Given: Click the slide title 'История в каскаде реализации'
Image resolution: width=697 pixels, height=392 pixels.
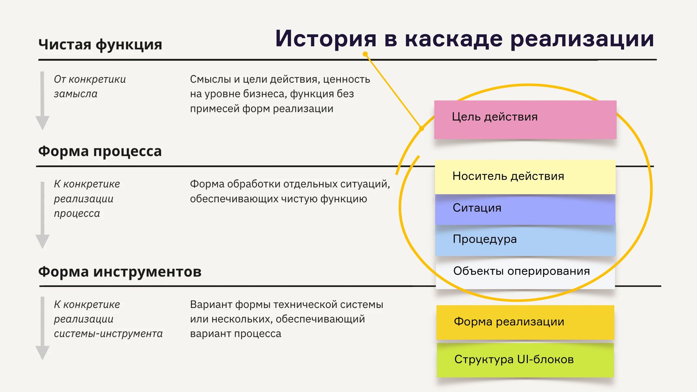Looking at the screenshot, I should [x=465, y=38].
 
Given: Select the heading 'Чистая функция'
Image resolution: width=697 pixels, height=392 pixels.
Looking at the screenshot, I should [x=100, y=45].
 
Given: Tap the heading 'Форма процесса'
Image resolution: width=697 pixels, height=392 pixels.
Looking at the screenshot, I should [x=100, y=151].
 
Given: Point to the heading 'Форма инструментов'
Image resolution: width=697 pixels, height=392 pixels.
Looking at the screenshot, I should [x=120, y=271].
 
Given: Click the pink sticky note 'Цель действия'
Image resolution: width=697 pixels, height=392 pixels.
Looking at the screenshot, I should [x=525, y=119].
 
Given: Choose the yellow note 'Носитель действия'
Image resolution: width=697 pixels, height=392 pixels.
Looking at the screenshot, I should [x=525, y=177].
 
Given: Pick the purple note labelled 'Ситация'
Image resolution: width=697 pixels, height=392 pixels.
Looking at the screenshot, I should [x=525, y=209].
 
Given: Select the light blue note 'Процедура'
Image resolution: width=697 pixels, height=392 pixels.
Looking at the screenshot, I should [x=525, y=240].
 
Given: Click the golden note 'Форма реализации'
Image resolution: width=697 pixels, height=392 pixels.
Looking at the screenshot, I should [x=525, y=322].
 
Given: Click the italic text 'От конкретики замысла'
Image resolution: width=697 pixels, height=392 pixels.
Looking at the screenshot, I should [x=90, y=86].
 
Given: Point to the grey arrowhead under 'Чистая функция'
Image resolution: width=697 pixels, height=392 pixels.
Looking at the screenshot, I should [x=42, y=123].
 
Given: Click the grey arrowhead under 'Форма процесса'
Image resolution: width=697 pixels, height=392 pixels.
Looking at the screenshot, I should [x=42, y=241].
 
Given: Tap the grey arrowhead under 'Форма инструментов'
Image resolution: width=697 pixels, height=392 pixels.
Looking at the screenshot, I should [x=42, y=352].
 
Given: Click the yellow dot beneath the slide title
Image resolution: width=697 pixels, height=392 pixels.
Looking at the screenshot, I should [x=366, y=54].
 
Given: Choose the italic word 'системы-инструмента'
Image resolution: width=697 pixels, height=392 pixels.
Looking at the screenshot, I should [x=108, y=334].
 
